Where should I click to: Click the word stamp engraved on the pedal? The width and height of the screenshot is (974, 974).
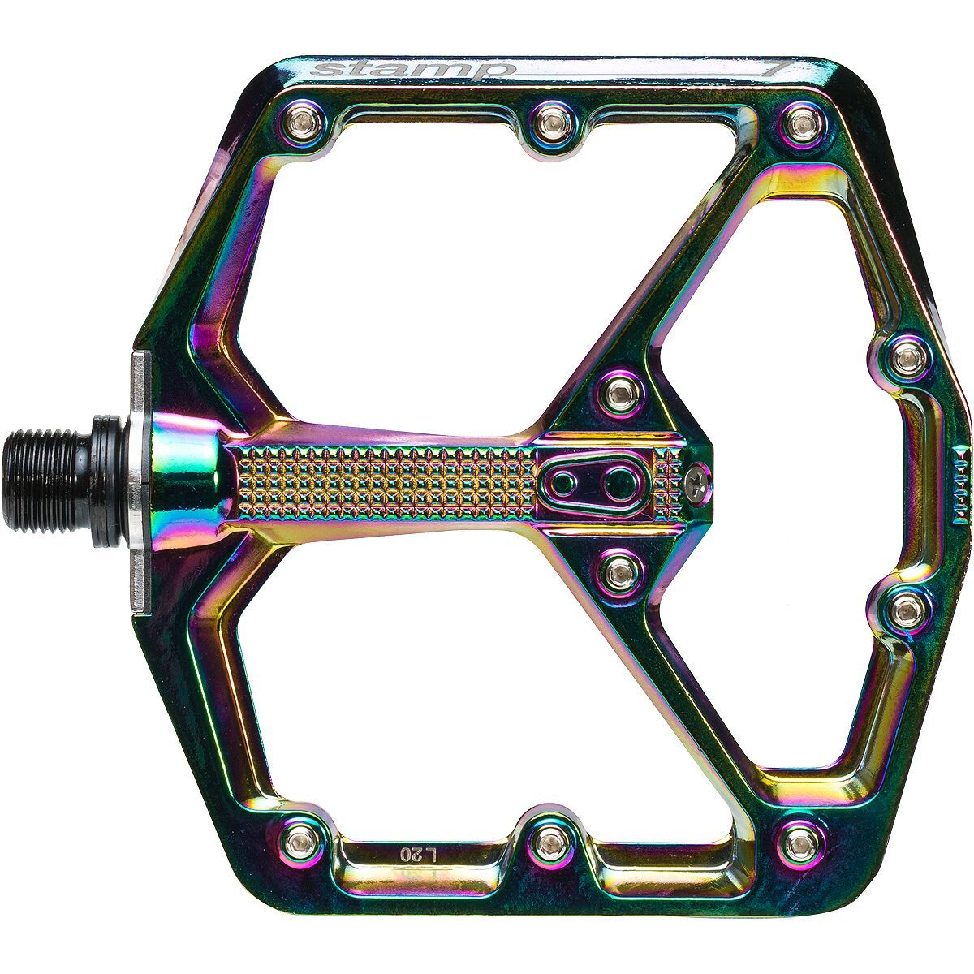411,70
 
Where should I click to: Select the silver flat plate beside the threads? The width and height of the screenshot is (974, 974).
140,471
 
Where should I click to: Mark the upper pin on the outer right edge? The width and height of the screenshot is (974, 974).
907,357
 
